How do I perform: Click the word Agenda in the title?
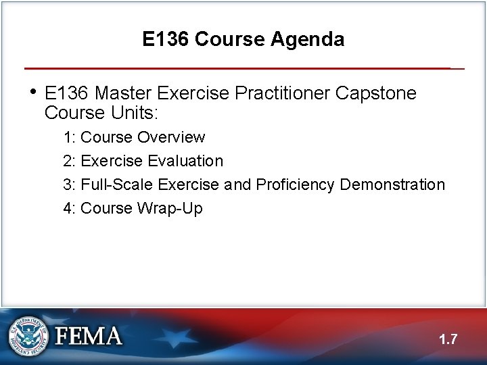307,40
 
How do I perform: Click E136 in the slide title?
166,40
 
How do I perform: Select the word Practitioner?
281,93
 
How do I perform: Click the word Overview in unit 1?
171,137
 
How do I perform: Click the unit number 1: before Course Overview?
69,137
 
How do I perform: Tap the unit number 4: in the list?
69,208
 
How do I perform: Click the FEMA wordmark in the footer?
89,336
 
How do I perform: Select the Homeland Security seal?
29,336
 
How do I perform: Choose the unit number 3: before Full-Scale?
69,185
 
